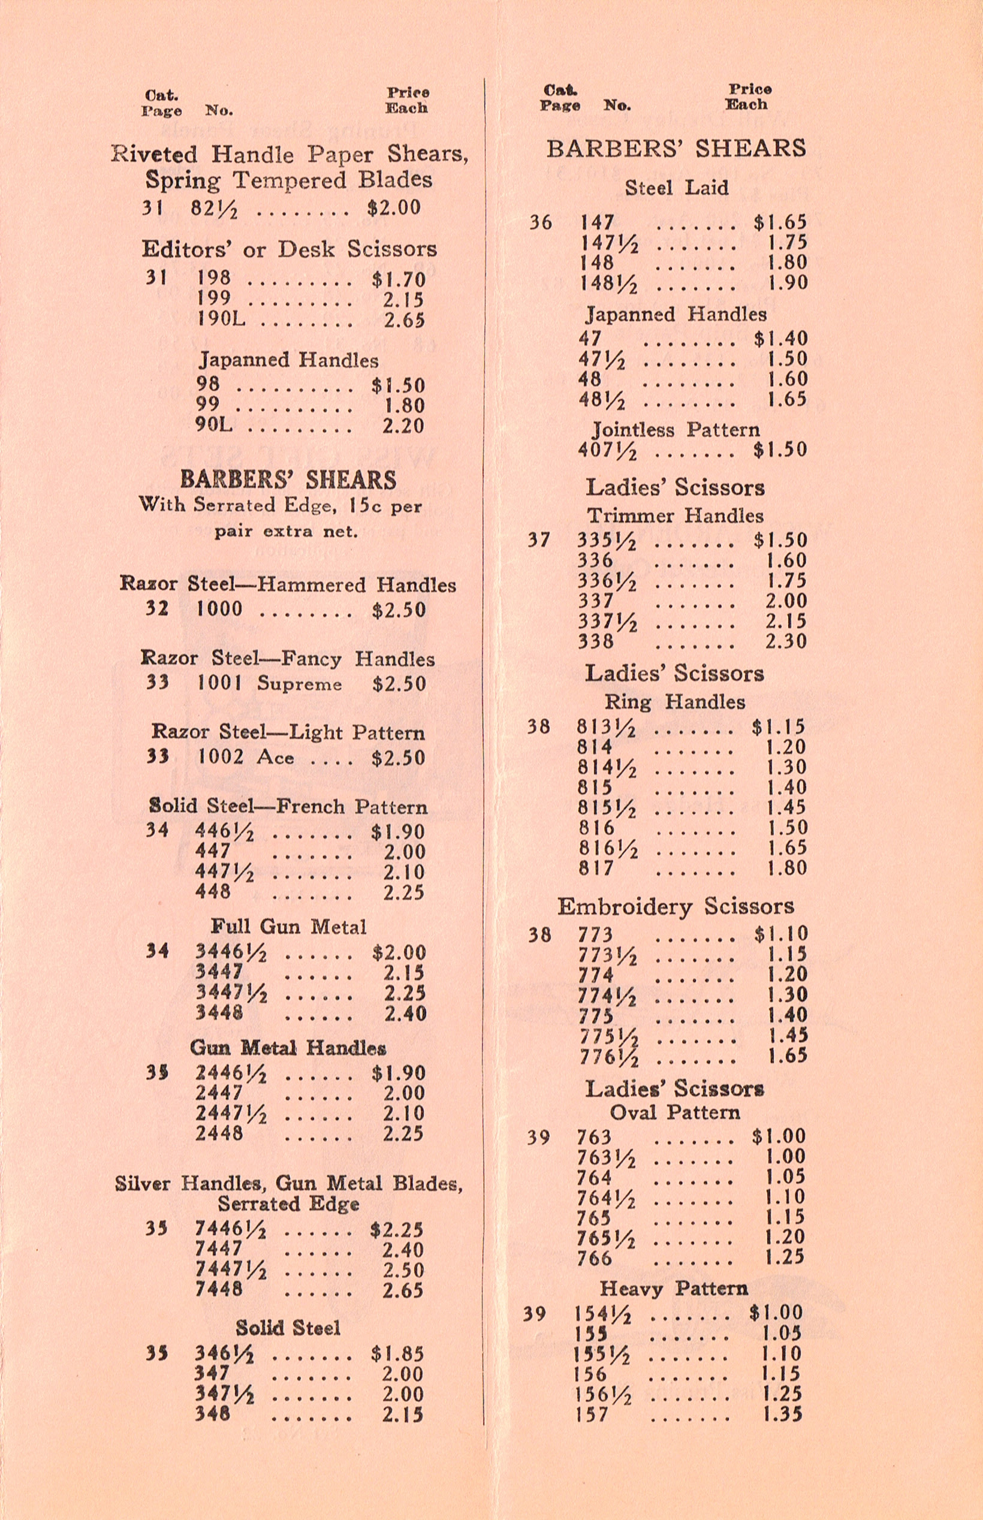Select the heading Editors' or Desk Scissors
click(x=289, y=249)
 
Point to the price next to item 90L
click(x=403, y=426)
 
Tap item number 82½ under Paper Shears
click(x=215, y=209)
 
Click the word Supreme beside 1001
click(x=299, y=684)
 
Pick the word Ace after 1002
click(x=275, y=758)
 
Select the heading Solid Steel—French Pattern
click(x=288, y=807)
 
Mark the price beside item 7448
click(x=403, y=1290)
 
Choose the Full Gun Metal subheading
click(x=288, y=927)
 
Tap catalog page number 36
click(x=540, y=223)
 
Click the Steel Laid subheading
click(x=677, y=188)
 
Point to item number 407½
click(x=607, y=451)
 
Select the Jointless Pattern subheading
click(x=676, y=430)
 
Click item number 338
click(x=596, y=641)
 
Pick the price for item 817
click(x=786, y=868)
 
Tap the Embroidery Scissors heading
click(x=676, y=907)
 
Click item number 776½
click(x=608, y=1057)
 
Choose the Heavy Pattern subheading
click(x=674, y=1289)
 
